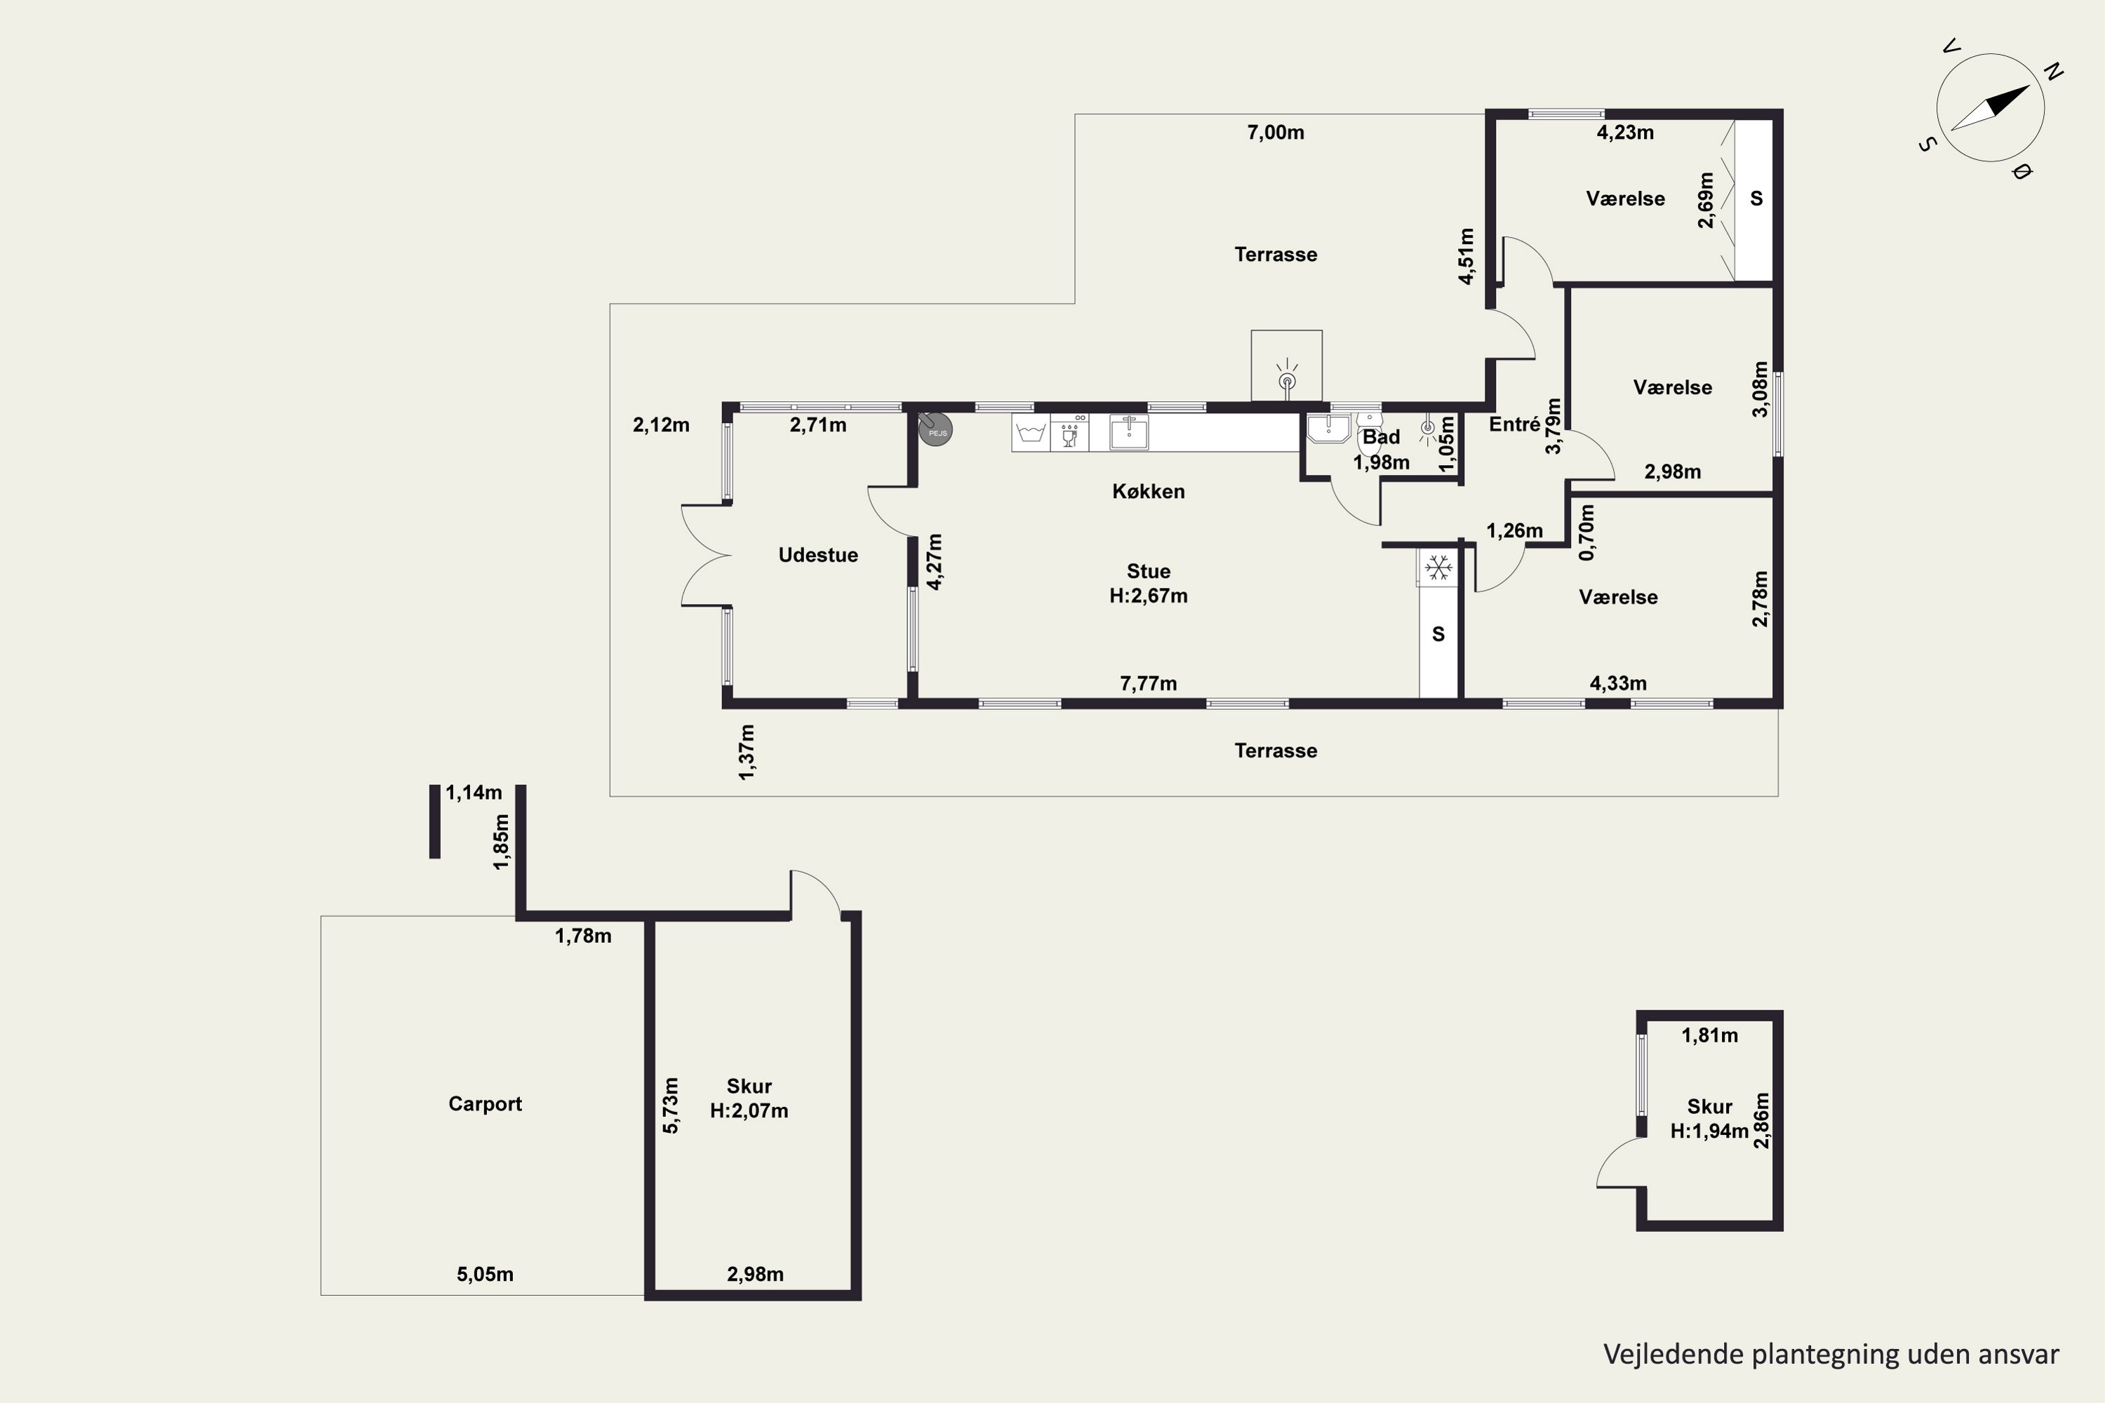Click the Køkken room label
[x=1148, y=491]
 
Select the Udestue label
[x=818, y=555]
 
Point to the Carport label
[x=485, y=1104]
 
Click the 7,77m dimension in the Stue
[x=1148, y=683]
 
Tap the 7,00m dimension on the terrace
[x=1276, y=133]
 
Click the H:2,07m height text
[x=749, y=1111]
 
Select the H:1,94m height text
[x=1709, y=1131]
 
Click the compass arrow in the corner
[x=1991, y=108]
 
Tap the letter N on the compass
[x=2053, y=72]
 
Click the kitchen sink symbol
[x=1130, y=432]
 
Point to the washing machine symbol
[x=1031, y=432]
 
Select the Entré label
[x=1514, y=425]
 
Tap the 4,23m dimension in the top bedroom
[x=1625, y=133]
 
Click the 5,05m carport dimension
[x=485, y=1274]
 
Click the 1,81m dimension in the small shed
[x=1709, y=1035]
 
